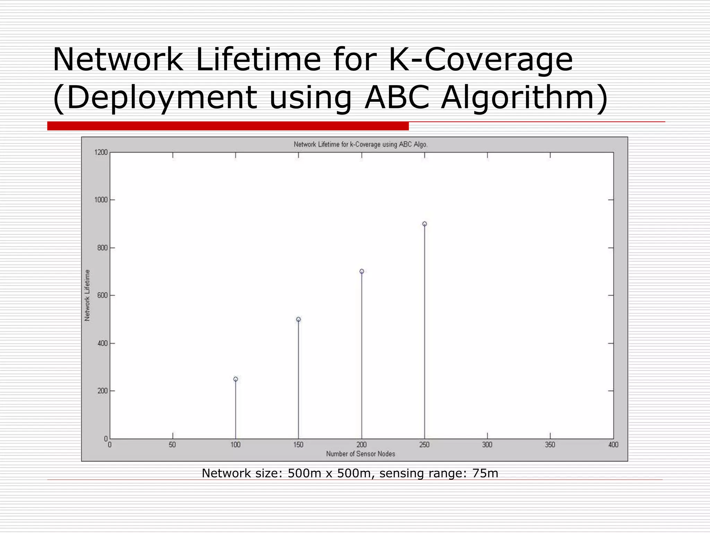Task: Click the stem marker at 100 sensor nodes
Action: point(236,379)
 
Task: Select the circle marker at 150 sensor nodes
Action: point(298,319)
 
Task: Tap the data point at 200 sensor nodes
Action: point(362,271)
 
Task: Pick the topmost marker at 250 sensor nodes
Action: point(425,224)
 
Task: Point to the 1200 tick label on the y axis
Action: point(101,152)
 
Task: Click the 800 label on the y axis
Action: point(103,248)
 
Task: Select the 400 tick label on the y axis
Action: point(103,343)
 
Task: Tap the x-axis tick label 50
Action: point(172,445)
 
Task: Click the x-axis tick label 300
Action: point(487,445)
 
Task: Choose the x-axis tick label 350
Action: point(550,445)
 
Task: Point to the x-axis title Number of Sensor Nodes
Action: point(361,454)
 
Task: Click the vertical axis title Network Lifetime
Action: point(87,295)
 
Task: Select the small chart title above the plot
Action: point(361,144)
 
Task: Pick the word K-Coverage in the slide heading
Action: point(480,60)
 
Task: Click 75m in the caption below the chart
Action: point(485,473)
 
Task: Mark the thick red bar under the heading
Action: point(228,126)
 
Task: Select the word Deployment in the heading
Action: point(162,98)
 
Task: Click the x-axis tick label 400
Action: point(613,445)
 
